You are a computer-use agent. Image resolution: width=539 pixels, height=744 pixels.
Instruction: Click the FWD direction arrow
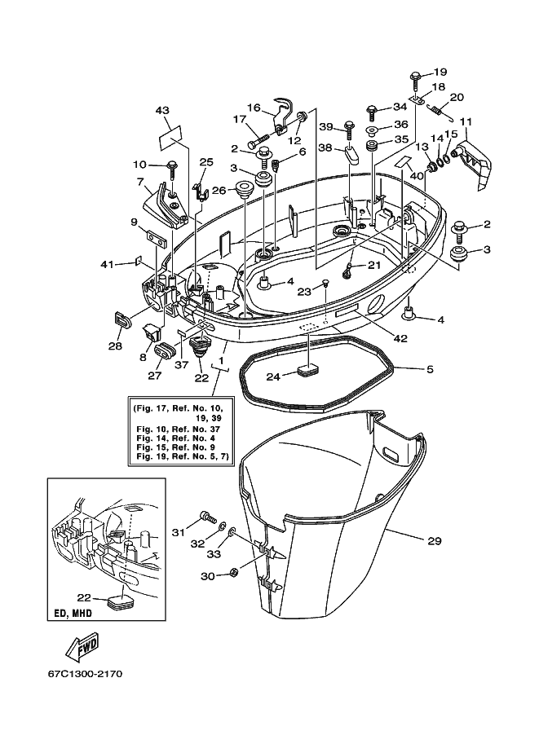82,647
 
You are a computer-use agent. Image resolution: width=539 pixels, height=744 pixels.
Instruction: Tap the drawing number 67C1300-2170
85,674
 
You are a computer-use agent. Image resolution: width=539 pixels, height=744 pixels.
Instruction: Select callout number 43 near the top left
162,111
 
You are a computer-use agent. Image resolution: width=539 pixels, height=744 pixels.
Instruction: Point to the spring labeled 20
440,112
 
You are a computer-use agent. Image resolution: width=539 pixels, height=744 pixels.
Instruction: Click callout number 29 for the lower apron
435,540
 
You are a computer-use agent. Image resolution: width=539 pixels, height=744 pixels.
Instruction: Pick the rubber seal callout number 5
430,368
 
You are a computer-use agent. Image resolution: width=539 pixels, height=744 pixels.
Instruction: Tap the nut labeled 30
233,572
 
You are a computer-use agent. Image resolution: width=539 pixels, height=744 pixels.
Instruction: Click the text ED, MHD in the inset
73,613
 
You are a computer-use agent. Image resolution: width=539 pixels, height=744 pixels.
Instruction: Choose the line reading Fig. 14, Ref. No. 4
175,438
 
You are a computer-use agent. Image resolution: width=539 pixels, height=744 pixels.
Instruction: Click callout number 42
400,338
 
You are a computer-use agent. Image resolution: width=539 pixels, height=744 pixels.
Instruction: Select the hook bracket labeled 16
284,117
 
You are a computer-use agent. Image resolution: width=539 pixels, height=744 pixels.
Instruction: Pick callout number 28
115,346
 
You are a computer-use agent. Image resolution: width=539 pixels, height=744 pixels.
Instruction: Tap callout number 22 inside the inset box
85,598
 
